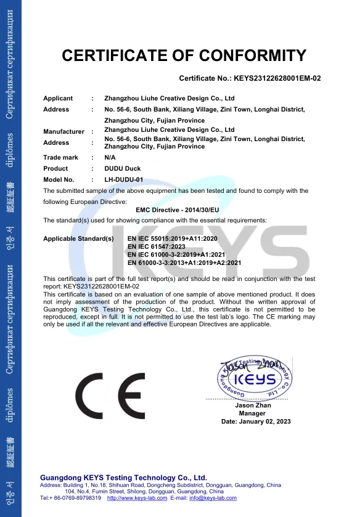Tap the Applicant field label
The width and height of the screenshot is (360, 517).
(x=58, y=99)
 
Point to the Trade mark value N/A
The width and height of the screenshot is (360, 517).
(x=111, y=158)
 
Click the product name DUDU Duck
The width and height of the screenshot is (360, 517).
(x=123, y=169)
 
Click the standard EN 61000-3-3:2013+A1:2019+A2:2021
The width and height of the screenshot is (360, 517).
(x=184, y=263)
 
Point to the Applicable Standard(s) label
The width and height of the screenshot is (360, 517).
(x=78, y=237)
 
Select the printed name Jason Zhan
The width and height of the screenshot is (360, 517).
(x=253, y=405)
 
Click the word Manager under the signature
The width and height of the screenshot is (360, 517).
(x=252, y=413)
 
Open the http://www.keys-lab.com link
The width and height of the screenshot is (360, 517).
(x=137, y=498)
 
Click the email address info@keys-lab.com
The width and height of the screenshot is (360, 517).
(x=213, y=498)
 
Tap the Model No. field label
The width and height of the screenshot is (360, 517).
(x=59, y=180)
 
